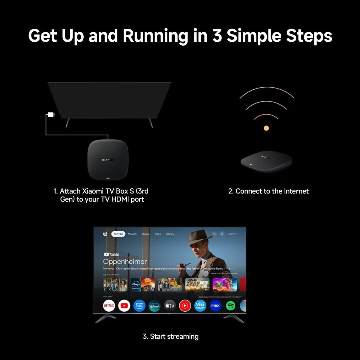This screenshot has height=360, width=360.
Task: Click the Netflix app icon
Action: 109,306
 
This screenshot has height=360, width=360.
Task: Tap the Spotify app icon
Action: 230,306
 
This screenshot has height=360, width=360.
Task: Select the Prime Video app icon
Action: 139,306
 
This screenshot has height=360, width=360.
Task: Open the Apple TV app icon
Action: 170,306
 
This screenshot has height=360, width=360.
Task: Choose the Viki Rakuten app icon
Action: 200,306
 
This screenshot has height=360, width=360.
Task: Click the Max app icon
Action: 215,306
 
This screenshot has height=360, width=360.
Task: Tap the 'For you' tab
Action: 118,234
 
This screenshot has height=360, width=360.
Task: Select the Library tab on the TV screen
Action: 170,234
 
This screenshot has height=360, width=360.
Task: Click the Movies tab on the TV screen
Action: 132,234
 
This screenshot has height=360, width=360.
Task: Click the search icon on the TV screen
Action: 214,234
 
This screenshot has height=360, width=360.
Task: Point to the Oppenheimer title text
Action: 125,262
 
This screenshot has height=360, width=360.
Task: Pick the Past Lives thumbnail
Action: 115,284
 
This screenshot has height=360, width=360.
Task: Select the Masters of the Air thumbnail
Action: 197,284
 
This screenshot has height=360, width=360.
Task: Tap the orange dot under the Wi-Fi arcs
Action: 266,128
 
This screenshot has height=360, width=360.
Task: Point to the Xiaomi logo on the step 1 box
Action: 108,160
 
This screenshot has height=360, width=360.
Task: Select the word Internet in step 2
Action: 296,191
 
